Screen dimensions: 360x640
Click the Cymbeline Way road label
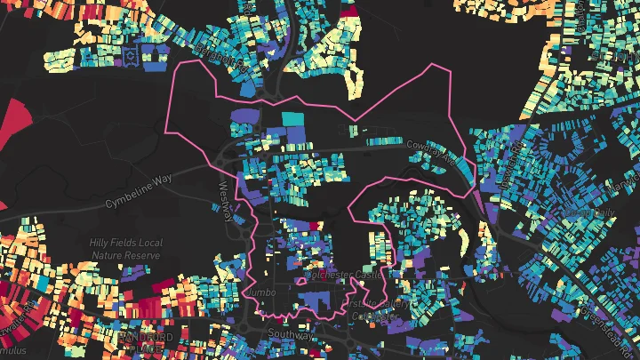tap(138, 190)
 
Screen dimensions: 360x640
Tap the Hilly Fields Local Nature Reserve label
tap(124, 249)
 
